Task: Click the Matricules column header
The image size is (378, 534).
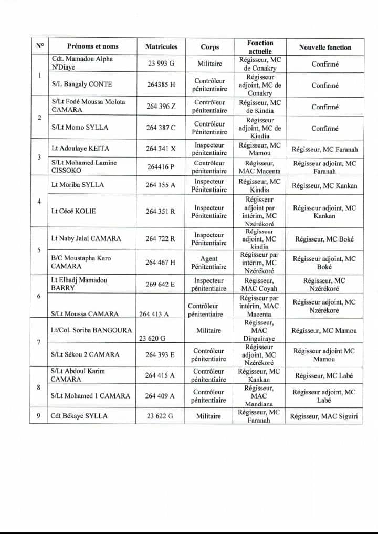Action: tap(161, 47)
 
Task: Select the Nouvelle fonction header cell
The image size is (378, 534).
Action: tap(325, 47)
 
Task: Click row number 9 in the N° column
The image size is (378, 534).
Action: tap(39, 416)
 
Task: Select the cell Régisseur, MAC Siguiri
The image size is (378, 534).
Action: tap(324, 416)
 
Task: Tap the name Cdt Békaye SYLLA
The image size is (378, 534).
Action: tap(79, 416)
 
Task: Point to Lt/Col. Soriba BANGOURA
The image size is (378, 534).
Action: tap(87, 330)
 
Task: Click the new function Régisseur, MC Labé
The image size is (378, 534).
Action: tap(324, 375)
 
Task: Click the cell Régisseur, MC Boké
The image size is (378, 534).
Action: tap(324, 239)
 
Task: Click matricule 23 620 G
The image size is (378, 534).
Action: tap(152, 339)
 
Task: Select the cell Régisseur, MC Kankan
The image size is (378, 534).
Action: tap(324, 185)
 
